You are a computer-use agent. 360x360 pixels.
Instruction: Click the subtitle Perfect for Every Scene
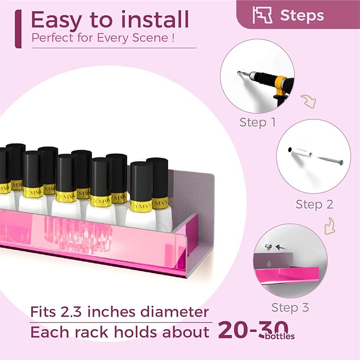[x=99, y=38]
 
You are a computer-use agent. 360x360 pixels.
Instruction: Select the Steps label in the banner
[x=302, y=15]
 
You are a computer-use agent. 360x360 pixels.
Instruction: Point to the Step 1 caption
[x=257, y=122]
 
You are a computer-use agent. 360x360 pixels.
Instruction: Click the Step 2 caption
[x=313, y=204]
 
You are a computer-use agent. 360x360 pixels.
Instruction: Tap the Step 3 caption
[x=290, y=308]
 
